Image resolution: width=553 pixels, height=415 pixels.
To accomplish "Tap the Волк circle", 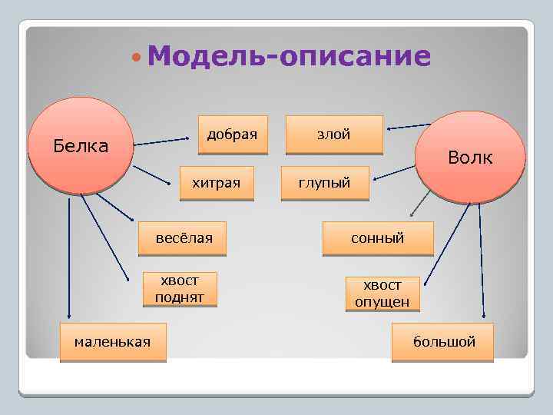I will (x=470, y=157).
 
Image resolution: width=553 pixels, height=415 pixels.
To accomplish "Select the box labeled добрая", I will (x=233, y=134).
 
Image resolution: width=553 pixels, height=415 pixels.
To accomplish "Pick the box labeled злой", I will (x=334, y=134).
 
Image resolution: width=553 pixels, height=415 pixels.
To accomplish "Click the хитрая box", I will (x=216, y=183).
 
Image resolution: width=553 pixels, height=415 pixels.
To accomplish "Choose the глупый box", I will (x=324, y=183).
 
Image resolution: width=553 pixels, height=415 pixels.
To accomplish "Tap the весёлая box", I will (x=184, y=238).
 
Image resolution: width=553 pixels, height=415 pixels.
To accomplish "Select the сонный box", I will (x=378, y=238).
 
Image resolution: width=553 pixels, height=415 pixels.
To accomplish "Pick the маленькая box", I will (x=113, y=341).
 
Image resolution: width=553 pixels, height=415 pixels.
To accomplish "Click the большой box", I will (x=444, y=341).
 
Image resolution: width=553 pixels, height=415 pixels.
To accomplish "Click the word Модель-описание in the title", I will (x=289, y=56).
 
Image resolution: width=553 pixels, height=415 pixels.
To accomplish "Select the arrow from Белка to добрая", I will (x=162, y=141).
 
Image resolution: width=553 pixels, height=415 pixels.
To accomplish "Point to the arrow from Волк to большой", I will (x=482, y=261).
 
